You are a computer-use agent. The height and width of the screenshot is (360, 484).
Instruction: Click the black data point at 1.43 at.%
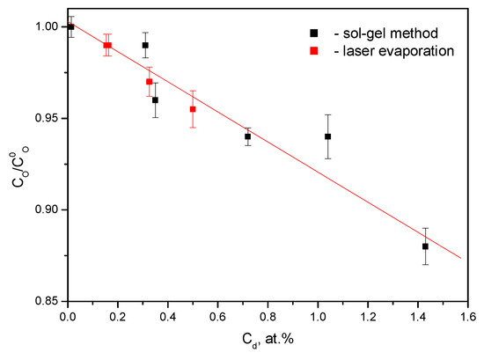point(425,246)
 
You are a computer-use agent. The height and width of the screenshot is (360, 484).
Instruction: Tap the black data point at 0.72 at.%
point(247,136)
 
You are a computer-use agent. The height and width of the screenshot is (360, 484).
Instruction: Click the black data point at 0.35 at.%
point(155,99)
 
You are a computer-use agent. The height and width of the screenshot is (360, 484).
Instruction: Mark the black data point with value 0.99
point(145,45)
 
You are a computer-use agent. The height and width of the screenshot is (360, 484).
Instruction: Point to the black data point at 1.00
point(70,26)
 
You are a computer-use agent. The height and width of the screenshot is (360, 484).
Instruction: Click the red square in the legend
point(315,51)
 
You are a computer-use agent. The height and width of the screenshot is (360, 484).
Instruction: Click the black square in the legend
point(315,33)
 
